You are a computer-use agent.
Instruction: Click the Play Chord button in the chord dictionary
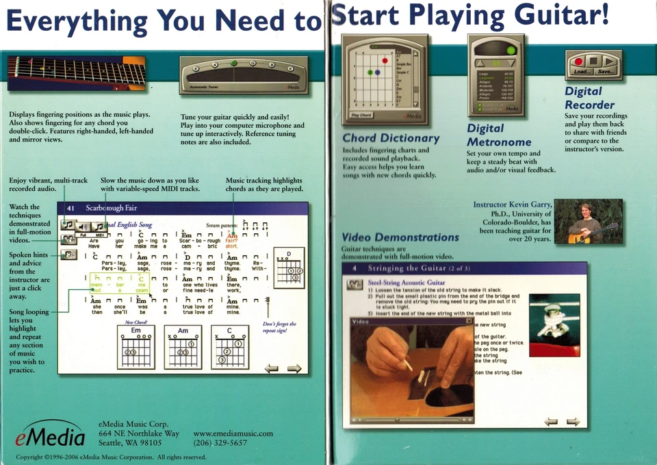tap(361, 116)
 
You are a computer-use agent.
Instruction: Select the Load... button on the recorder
tap(582, 72)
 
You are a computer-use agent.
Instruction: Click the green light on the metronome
tap(511, 51)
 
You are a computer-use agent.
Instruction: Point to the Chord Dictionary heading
tap(391, 138)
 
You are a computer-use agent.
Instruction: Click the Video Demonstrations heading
tap(400, 237)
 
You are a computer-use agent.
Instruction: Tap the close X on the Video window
tap(469, 321)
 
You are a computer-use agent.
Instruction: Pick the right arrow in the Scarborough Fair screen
tap(294, 369)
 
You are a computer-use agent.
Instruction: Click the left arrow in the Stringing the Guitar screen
tap(550, 421)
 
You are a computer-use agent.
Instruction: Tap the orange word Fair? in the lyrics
tap(231, 240)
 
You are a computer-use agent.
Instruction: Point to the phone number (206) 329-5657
tap(220, 443)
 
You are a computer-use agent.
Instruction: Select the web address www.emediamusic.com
tap(233, 433)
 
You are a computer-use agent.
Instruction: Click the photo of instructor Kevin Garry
tap(588, 221)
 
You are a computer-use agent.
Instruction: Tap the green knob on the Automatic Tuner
tap(234, 64)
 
